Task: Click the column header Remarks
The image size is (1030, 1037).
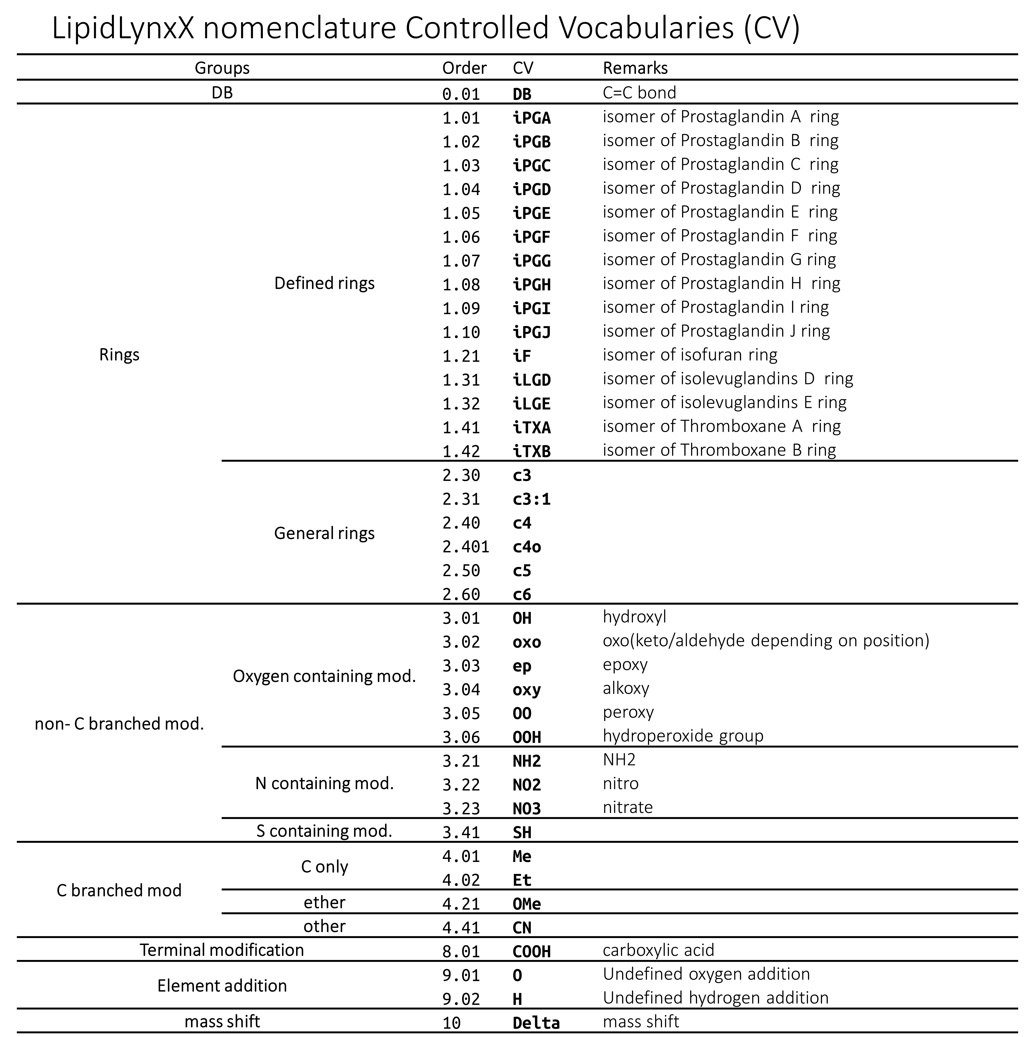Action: click(635, 68)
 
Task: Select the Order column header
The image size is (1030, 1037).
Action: click(464, 68)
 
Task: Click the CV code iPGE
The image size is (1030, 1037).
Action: click(532, 213)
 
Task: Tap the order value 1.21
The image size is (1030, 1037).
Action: click(461, 356)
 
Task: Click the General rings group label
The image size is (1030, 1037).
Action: click(324, 533)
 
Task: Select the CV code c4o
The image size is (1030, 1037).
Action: click(527, 547)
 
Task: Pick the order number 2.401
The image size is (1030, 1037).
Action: click(466, 547)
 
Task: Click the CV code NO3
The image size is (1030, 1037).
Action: click(527, 808)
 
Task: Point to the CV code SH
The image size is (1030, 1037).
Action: click(522, 832)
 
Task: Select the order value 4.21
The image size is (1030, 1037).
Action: click(461, 904)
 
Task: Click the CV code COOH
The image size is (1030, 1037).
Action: click(532, 952)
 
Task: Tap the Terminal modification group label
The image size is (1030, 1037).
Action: click(222, 950)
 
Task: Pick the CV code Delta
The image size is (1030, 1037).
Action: click(536, 1023)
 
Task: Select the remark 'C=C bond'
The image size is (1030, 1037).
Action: click(639, 93)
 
